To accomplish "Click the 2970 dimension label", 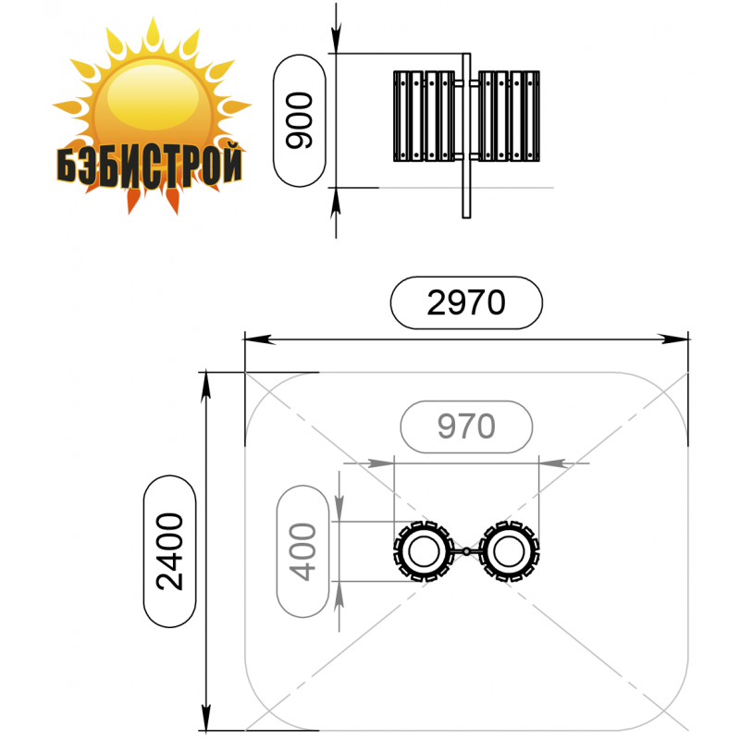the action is click(x=466, y=302).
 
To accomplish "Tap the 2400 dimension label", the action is click(x=169, y=550).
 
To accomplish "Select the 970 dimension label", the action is click(x=466, y=426).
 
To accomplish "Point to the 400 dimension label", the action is click(x=302, y=551).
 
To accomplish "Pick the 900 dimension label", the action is click(x=299, y=120).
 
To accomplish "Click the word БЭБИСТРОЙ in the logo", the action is click(x=150, y=166).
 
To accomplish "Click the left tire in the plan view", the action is click(x=424, y=550).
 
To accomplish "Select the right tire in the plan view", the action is click(x=509, y=550).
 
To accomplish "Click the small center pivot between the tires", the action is click(x=466, y=550).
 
